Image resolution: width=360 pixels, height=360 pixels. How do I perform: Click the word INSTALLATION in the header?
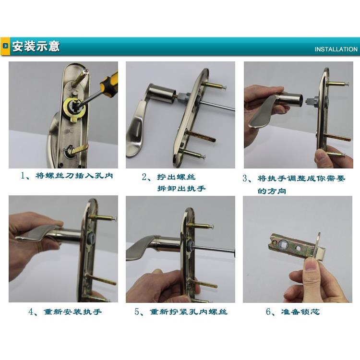tap(336, 49)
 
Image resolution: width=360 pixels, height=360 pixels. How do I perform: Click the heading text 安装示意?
tap(36, 47)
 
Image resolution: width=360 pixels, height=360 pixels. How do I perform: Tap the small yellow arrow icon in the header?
tap(6, 47)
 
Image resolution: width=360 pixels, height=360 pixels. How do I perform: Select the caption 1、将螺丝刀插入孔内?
tap(67, 176)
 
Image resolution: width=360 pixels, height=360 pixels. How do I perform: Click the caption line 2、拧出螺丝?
tap(169, 177)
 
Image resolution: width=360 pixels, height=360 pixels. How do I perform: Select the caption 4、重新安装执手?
tap(65, 312)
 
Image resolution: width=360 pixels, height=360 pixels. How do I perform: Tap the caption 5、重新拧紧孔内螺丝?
tap(181, 312)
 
